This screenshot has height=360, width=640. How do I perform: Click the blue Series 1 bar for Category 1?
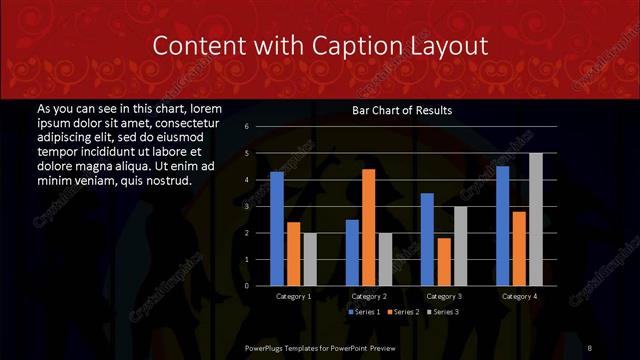coord(277,229)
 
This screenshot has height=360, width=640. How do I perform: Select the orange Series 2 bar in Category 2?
coord(369,228)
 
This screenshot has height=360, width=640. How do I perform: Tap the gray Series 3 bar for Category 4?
coord(536,219)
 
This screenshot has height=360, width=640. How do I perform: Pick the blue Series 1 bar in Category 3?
coord(427,239)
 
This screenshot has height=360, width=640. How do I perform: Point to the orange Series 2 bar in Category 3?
coord(444,262)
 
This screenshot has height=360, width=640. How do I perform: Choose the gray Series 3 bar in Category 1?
coord(310,259)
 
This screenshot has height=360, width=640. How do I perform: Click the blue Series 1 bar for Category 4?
coord(503,226)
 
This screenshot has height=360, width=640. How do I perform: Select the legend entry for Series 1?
coord(365,313)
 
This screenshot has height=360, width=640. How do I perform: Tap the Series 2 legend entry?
coord(403,313)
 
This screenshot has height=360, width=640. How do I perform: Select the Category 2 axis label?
coord(369,297)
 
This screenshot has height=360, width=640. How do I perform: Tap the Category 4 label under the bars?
coord(519,297)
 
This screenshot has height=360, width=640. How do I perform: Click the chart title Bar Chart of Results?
coord(402,110)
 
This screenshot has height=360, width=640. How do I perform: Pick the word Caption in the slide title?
coord(357,46)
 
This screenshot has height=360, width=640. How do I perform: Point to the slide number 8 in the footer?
coord(590,346)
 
